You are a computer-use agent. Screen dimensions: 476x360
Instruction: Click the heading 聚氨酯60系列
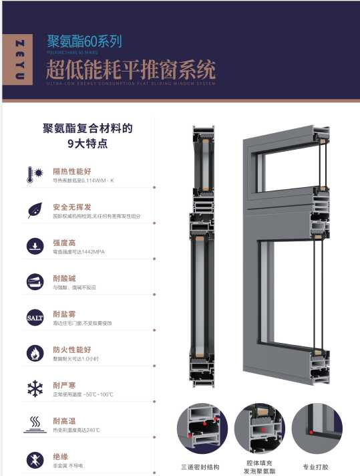pyautogui.click(x=84, y=41)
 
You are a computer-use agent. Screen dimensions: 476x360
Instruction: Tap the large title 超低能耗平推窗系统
pyautogui.click(x=131, y=69)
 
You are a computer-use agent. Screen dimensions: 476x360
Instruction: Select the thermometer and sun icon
pyautogui.click(x=34, y=175)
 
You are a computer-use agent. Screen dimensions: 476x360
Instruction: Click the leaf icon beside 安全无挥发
pyautogui.click(x=34, y=211)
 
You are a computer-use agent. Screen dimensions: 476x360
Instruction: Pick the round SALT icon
pyautogui.click(x=34, y=316)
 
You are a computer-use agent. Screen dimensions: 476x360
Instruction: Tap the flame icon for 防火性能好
pyautogui.click(x=34, y=353)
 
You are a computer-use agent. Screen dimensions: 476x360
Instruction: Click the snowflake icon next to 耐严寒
pyautogui.click(x=34, y=388)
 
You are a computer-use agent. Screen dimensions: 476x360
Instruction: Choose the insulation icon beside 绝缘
pyautogui.click(x=34, y=460)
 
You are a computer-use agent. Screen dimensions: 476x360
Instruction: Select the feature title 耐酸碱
pyautogui.click(x=64, y=277)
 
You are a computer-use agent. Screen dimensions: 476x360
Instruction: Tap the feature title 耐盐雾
pyautogui.click(x=64, y=314)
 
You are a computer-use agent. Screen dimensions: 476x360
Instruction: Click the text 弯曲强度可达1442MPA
pyautogui.click(x=79, y=252)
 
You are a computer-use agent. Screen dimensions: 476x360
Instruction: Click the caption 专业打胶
pyautogui.click(x=316, y=467)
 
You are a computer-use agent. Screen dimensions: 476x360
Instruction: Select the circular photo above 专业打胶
pyautogui.click(x=317, y=429)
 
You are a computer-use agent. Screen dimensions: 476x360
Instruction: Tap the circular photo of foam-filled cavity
pyautogui.click(x=260, y=429)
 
